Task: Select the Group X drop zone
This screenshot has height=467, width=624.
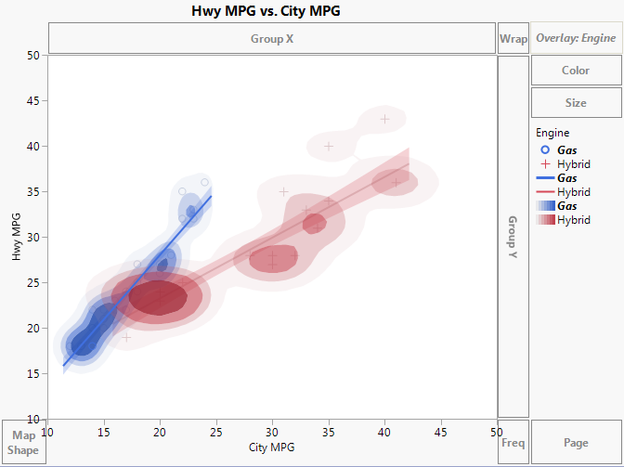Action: [x=271, y=39]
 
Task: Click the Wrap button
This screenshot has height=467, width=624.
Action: [x=513, y=39]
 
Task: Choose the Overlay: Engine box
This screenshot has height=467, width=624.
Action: [x=576, y=38]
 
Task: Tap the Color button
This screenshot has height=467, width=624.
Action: [x=576, y=71]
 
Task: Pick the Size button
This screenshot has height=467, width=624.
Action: [x=576, y=103]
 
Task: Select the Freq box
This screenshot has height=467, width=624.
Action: [x=513, y=443]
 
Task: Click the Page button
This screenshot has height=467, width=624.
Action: [x=576, y=443]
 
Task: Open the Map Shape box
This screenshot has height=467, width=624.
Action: [x=23, y=443]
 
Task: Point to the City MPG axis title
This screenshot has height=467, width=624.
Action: [x=272, y=448]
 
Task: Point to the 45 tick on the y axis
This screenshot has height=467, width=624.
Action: [x=32, y=101]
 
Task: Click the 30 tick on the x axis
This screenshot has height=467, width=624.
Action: [x=272, y=432]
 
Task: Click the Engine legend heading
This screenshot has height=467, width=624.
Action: [x=552, y=133]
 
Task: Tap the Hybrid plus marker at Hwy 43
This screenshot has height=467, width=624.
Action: [x=385, y=119]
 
